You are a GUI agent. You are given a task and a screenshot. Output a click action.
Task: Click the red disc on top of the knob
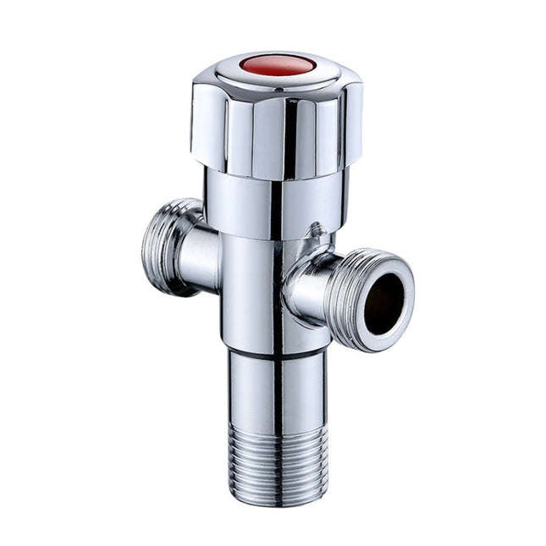pyautogui.click(x=277, y=64)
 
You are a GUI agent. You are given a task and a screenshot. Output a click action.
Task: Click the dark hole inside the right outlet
pyautogui.click(x=384, y=302)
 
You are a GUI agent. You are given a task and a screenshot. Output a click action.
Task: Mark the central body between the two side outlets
pyautogui.click(x=254, y=288)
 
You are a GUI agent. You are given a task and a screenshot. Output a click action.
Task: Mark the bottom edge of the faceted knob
pyautogui.click(x=271, y=178)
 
